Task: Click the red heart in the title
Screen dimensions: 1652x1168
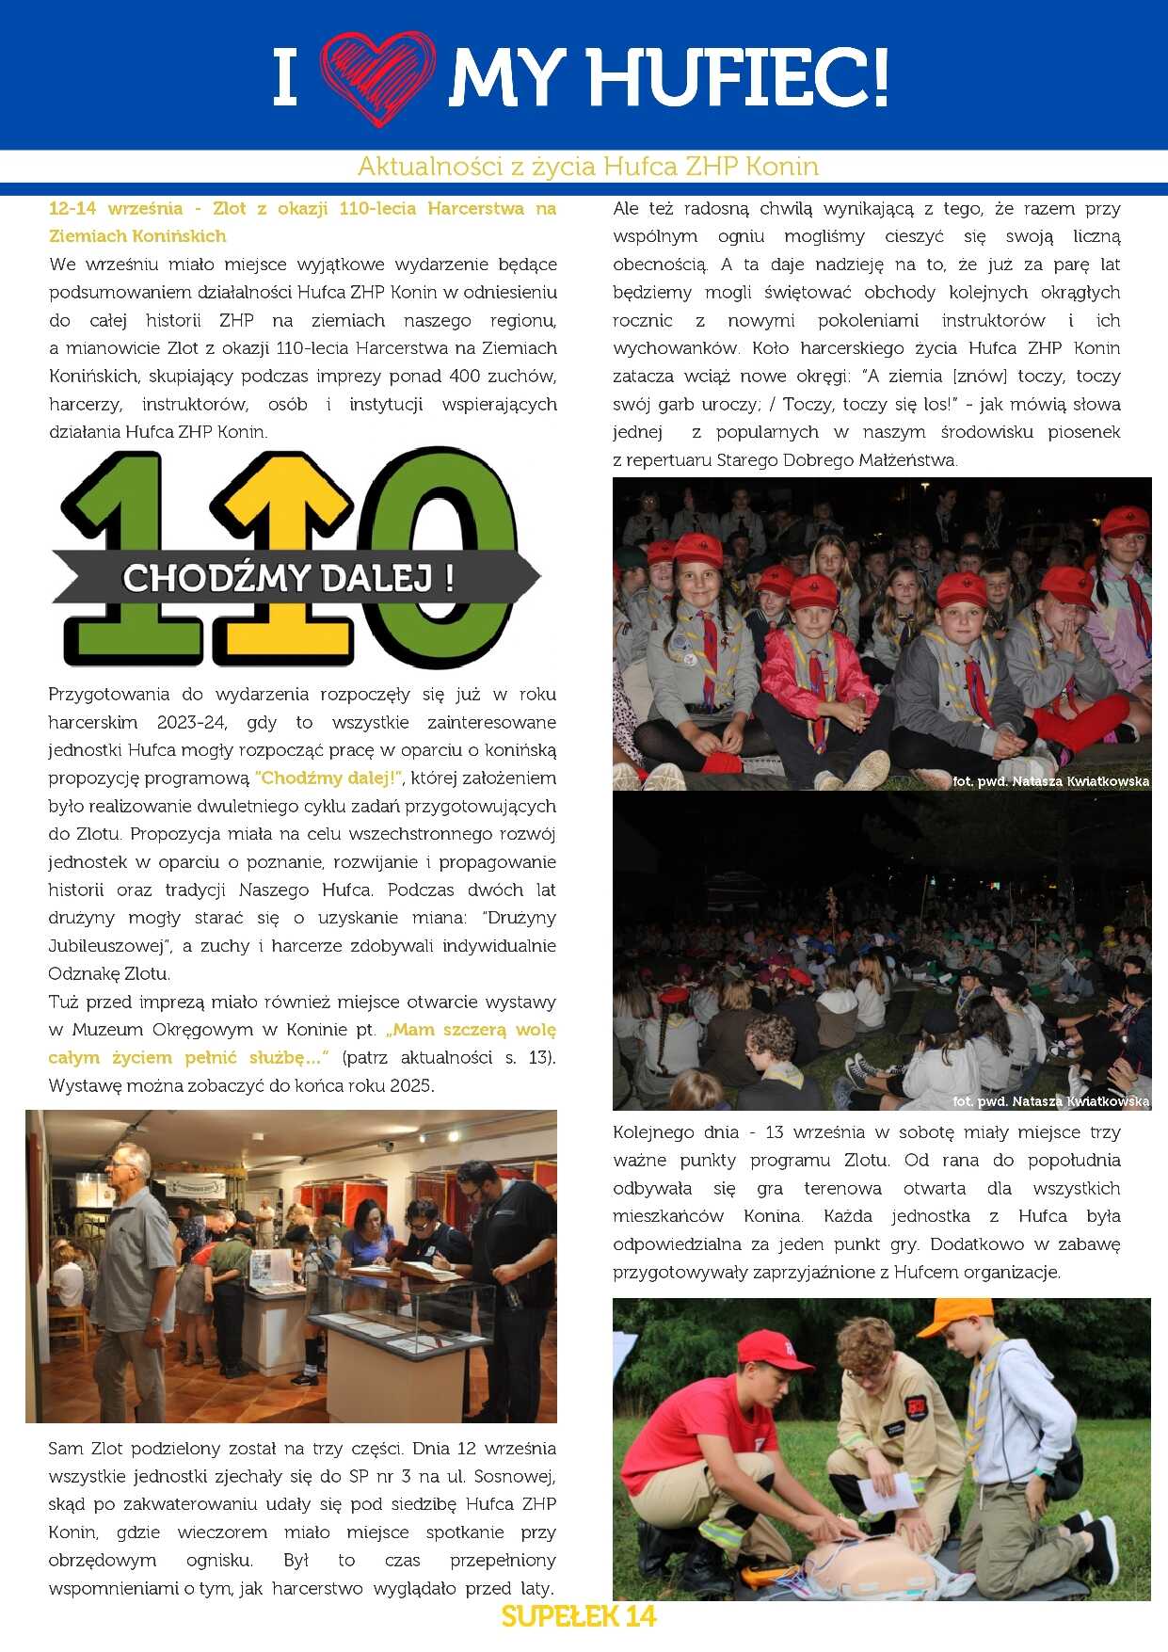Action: tap(376, 77)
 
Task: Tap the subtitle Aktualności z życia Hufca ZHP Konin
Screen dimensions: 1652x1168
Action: tap(587, 167)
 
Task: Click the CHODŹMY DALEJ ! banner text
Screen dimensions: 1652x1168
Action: tap(288, 577)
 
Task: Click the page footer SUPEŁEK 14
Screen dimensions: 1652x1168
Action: tap(578, 1616)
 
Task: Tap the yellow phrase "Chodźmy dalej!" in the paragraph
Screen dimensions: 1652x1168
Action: tap(328, 778)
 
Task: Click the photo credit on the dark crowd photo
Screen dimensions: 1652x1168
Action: tap(1050, 1101)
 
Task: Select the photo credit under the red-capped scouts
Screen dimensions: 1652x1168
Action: tap(1050, 781)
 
